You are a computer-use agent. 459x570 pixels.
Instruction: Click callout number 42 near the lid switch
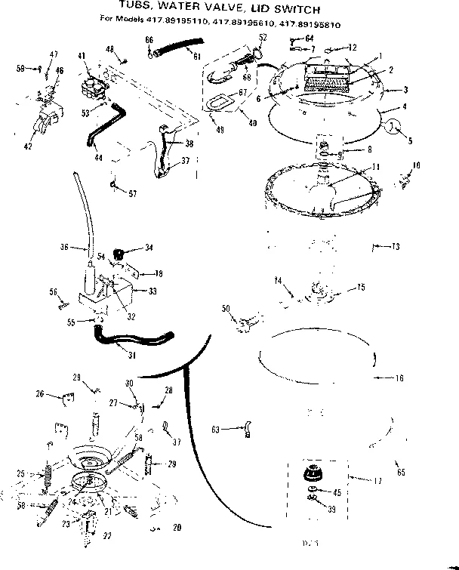pyautogui.click(x=27, y=146)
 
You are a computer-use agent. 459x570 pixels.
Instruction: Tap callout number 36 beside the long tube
pyautogui.click(x=64, y=246)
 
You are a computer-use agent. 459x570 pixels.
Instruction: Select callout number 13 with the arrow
pyautogui.click(x=396, y=246)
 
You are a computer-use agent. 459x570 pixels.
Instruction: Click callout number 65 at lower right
pyautogui.click(x=400, y=472)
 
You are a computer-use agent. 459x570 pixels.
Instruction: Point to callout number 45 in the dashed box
pyautogui.click(x=337, y=493)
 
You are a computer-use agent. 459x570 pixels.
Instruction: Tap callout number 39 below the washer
pyautogui.click(x=332, y=509)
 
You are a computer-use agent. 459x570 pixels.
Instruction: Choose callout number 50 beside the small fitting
pyautogui.click(x=226, y=307)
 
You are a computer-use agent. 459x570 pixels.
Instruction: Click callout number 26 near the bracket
pyautogui.click(x=40, y=393)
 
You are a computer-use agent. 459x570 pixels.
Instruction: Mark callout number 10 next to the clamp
pyautogui.click(x=417, y=165)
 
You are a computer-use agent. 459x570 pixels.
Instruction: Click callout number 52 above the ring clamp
pyautogui.click(x=263, y=37)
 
